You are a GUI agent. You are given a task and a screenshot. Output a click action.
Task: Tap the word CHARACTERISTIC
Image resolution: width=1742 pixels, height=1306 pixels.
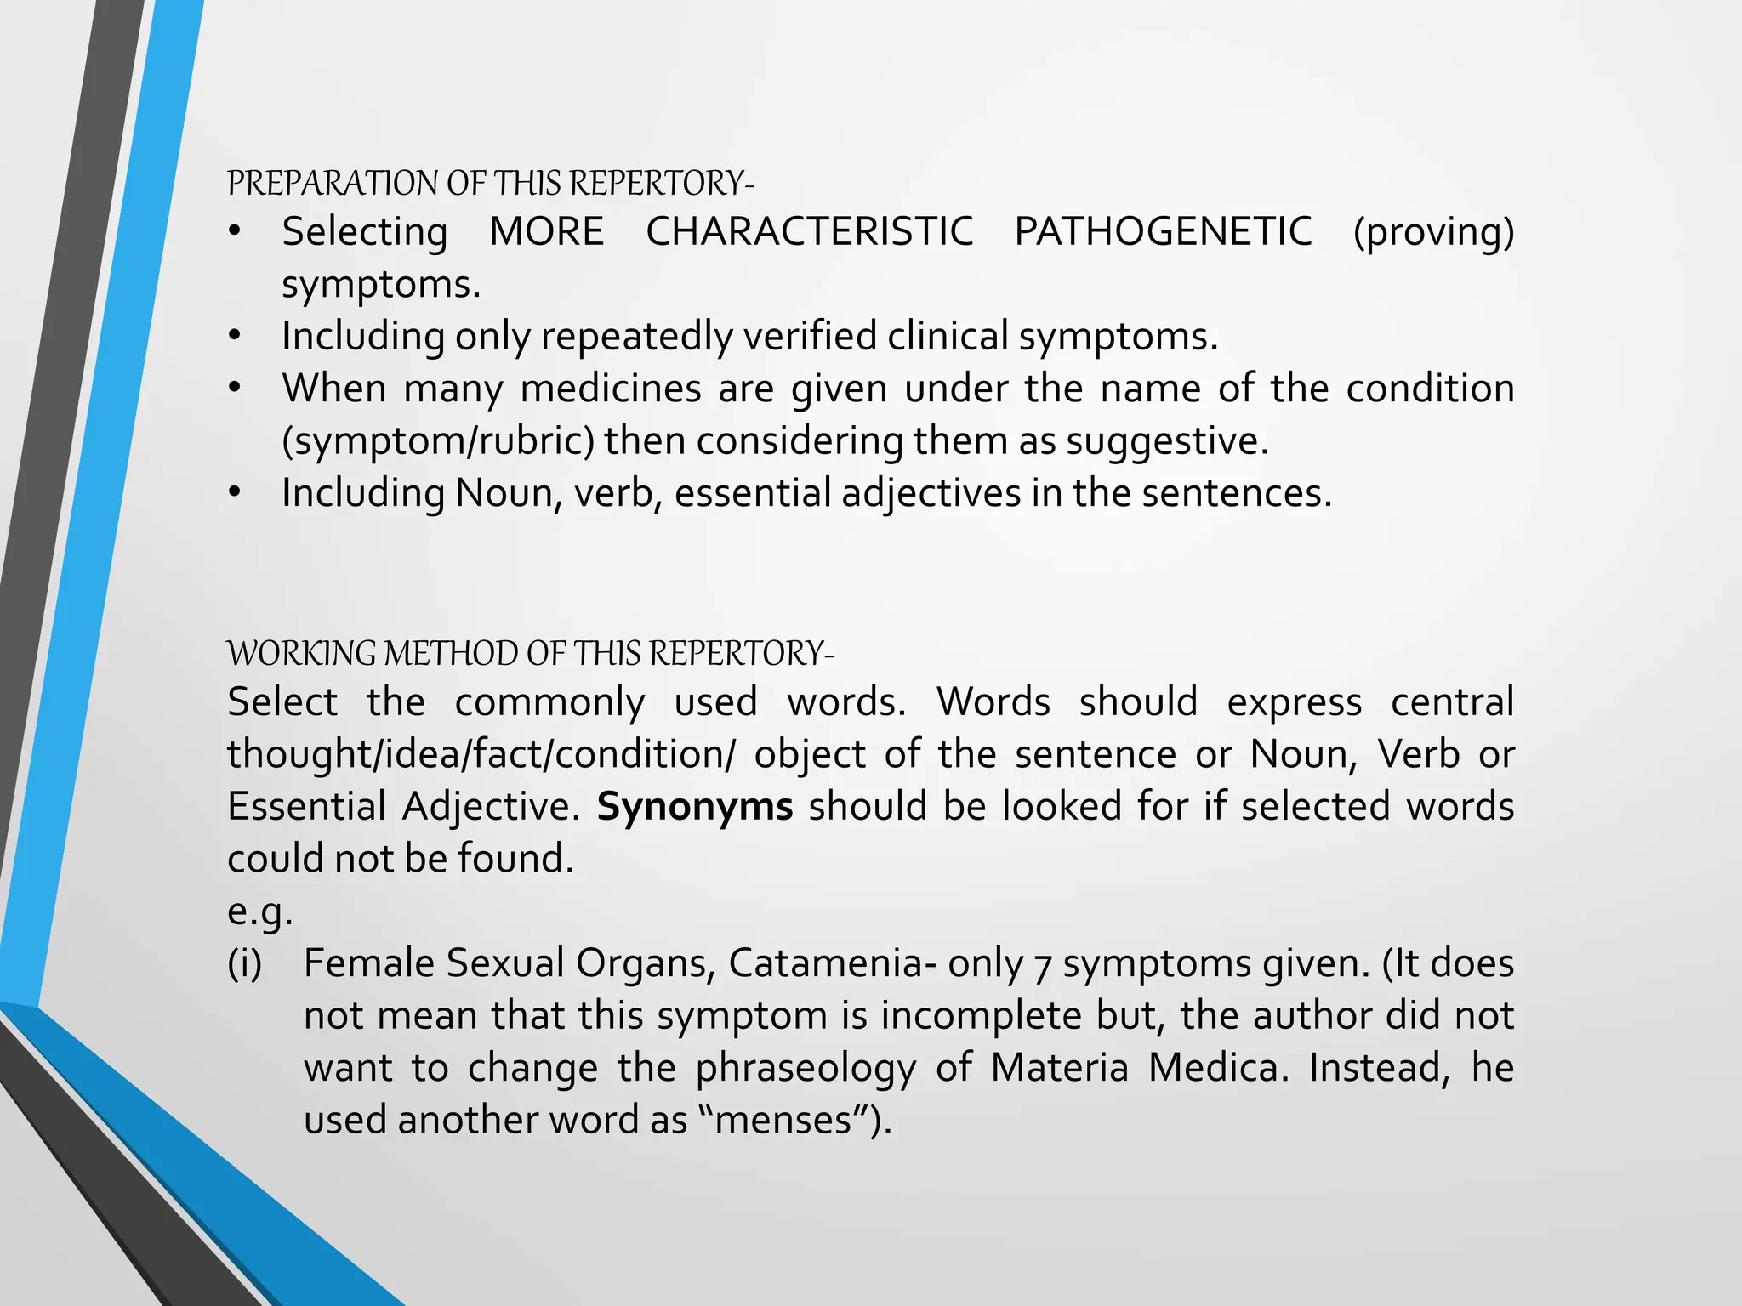click(x=809, y=231)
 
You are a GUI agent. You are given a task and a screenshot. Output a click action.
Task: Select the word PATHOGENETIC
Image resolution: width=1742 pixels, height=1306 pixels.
click(x=1163, y=231)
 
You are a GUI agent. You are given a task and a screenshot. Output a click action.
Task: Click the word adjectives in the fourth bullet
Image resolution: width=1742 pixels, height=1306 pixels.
click(x=931, y=494)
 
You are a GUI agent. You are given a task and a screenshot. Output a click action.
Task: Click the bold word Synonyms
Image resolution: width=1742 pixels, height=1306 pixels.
click(x=694, y=806)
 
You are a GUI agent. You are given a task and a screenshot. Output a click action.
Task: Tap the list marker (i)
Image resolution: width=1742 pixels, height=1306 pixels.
click(x=245, y=964)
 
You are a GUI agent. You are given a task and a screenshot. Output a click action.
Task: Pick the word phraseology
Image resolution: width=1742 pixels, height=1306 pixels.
click(x=806, y=1069)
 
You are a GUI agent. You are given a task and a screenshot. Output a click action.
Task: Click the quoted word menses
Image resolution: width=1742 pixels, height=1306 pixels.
click(x=783, y=1121)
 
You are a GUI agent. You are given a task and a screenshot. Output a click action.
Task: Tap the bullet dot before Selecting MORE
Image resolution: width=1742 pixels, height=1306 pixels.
click(x=235, y=232)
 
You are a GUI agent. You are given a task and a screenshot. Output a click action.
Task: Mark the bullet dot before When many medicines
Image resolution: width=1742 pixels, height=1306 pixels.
click(x=235, y=389)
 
